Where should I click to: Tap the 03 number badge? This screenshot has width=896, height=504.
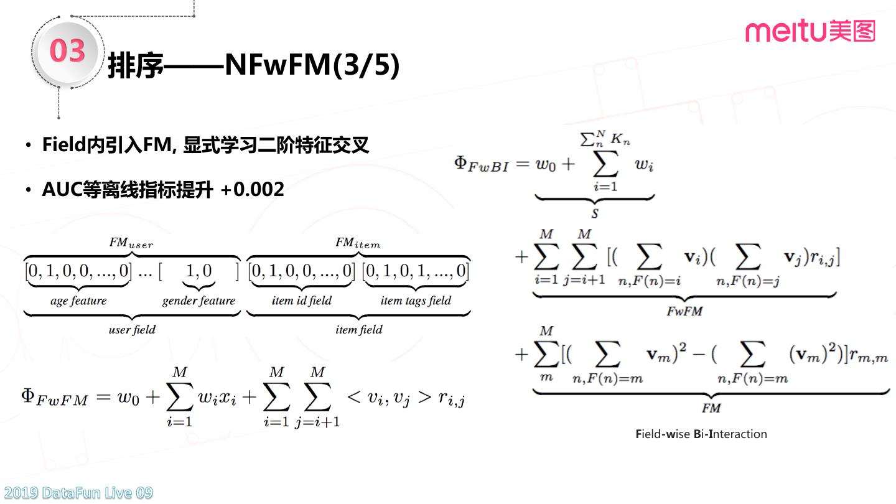(67, 50)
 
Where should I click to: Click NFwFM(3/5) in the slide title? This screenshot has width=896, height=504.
(312, 65)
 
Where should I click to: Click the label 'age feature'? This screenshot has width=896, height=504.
(78, 301)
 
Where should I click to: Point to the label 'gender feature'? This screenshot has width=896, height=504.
(199, 301)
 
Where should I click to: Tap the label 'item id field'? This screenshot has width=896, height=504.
(302, 301)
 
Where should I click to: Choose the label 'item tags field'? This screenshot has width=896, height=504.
(416, 301)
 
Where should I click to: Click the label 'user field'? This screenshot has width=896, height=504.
(132, 330)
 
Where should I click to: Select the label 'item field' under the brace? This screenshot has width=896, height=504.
(359, 330)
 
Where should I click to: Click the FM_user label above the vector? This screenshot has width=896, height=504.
(131, 243)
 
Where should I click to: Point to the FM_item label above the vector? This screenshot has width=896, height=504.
(358, 243)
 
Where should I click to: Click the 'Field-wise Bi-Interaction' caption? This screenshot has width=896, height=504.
(701, 434)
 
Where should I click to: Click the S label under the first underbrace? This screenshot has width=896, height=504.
(594, 213)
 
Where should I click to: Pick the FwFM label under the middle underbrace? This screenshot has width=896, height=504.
(684, 311)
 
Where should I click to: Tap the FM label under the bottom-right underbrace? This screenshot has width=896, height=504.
(711, 408)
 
